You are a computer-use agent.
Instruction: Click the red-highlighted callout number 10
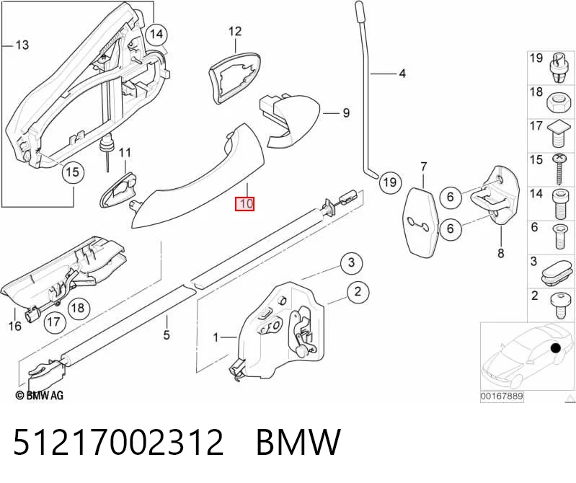pos(244,203)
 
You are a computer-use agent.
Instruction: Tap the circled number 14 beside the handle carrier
pos(156,34)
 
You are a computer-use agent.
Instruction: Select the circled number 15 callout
pos(73,172)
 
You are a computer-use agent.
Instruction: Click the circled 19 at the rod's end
pos(390,182)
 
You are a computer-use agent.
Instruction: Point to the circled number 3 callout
pos(351,262)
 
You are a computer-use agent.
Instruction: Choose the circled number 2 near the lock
pos(358,292)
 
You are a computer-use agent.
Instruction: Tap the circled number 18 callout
pos(78,308)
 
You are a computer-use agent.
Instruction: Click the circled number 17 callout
pos(54,322)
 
